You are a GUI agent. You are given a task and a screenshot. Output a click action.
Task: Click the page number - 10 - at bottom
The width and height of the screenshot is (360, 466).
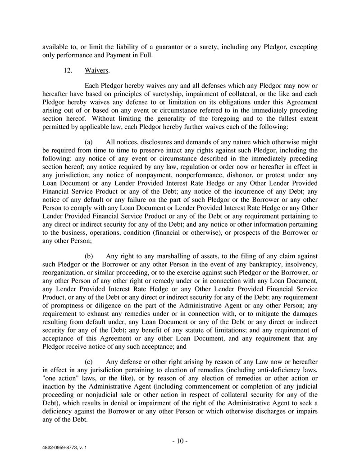180,441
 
